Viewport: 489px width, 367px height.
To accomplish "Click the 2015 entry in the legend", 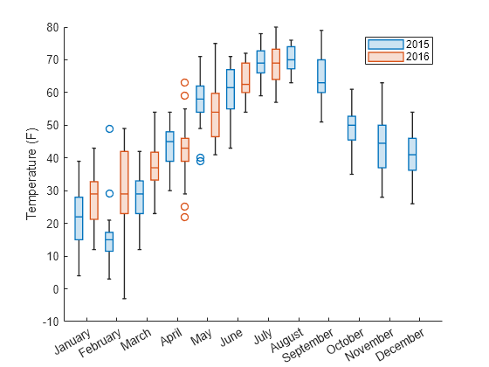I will tap(401, 44).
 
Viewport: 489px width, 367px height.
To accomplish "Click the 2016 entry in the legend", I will tap(401, 56).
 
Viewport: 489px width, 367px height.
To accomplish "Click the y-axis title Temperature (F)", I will tap(31, 174).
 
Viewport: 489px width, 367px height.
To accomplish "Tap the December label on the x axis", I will tap(403, 344).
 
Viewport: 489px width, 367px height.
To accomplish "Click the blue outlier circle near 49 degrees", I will tap(109, 128).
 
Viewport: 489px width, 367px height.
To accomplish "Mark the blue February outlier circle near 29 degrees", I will tap(109, 194).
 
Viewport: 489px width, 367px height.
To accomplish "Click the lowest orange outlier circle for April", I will tap(184, 217).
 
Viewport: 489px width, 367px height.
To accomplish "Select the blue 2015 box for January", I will tap(79, 218).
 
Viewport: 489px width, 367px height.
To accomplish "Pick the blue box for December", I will tap(412, 154).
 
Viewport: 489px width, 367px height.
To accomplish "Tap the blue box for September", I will tap(321, 76).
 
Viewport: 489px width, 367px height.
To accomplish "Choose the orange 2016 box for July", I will tap(276, 64).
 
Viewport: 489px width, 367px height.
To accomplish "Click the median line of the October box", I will tap(351, 125).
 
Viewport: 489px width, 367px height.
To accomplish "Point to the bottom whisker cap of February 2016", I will tap(124, 299).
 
